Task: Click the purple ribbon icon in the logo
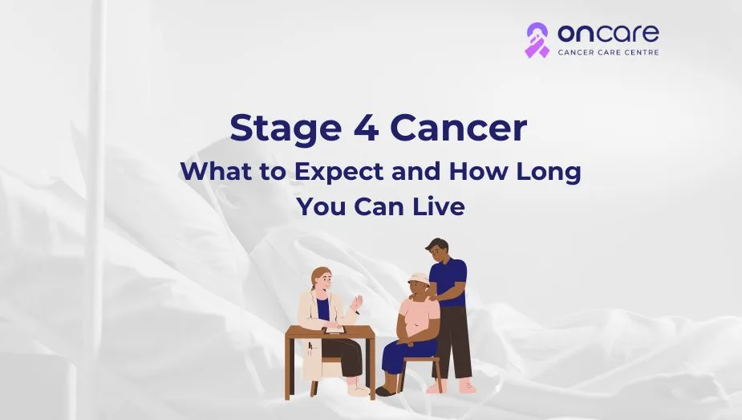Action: [x=537, y=41]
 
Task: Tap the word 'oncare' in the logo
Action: [x=608, y=33]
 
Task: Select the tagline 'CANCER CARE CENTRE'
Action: [x=608, y=52]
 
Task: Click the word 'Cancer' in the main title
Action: [x=459, y=128]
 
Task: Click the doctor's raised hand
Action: [x=356, y=303]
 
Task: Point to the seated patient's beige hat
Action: [x=418, y=279]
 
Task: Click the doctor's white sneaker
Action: [x=358, y=390]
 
